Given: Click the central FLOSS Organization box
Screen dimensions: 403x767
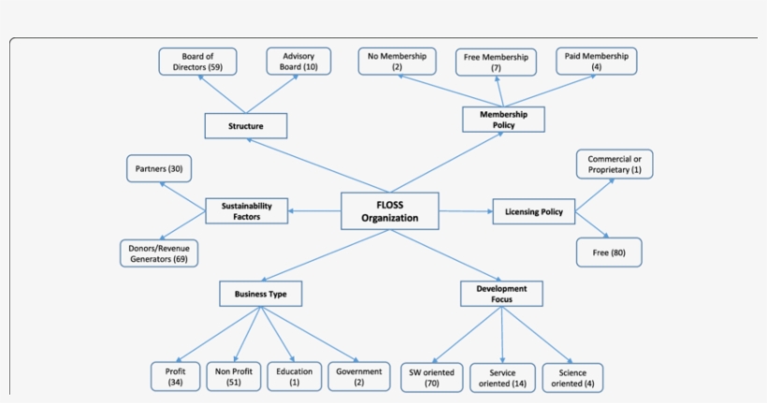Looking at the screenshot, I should pyautogui.click(x=390, y=211).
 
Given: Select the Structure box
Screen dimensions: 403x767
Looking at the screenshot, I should pyautogui.click(x=246, y=125).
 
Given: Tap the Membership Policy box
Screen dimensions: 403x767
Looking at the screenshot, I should pyautogui.click(x=503, y=119).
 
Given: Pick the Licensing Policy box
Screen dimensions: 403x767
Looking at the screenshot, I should pyautogui.click(x=533, y=212).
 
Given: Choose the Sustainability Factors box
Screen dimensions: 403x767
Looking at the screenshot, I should pyautogui.click(x=247, y=210).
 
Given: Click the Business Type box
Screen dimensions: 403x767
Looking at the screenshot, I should pyautogui.click(x=260, y=294).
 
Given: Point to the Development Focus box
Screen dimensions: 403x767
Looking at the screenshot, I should pyautogui.click(x=500, y=294).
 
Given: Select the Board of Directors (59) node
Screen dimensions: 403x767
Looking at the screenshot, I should pyautogui.click(x=197, y=63).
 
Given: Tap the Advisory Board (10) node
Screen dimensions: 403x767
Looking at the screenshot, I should pyautogui.click(x=297, y=63).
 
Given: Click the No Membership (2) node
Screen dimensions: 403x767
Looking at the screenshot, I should pyautogui.click(x=397, y=62).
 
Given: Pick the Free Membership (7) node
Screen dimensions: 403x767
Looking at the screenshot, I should pyautogui.click(x=496, y=63).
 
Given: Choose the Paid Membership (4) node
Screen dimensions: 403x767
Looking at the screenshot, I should pyautogui.click(x=596, y=62).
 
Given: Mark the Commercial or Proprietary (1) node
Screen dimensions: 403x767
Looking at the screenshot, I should pyautogui.click(x=615, y=164).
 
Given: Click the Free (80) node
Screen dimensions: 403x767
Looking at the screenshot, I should pyautogui.click(x=610, y=252).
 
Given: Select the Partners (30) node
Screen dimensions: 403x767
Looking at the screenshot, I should pyautogui.click(x=158, y=169).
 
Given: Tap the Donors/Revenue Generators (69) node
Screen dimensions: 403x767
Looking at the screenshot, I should pyautogui.click(x=159, y=253).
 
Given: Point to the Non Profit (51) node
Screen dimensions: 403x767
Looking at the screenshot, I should pyautogui.click(x=230, y=376).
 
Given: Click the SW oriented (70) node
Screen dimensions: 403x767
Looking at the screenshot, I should pyautogui.click(x=431, y=377).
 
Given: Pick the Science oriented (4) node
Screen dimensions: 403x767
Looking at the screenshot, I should pyautogui.click(x=572, y=377).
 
